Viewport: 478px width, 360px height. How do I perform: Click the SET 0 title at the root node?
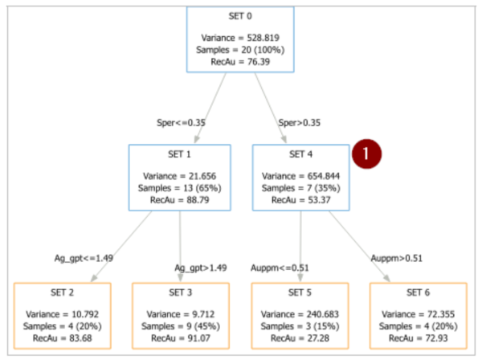point(240,16)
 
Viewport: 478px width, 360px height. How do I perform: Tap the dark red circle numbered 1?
point(366,154)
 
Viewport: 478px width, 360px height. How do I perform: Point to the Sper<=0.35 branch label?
point(181,122)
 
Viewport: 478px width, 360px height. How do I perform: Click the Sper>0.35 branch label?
point(300,122)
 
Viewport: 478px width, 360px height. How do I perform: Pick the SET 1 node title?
point(179,154)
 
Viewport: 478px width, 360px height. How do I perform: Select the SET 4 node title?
point(301,154)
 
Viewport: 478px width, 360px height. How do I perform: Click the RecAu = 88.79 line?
point(180,200)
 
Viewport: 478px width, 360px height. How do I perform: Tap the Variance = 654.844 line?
point(301,176)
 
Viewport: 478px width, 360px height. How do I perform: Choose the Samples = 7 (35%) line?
point(301,188)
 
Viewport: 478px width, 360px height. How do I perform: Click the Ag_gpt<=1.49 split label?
point(84,258)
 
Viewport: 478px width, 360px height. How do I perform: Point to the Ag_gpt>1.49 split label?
point(201,268)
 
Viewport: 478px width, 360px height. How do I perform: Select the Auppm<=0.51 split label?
point(280,268)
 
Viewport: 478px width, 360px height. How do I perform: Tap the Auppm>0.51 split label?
point(397,259)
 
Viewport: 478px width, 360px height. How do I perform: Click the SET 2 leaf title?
point(62,292)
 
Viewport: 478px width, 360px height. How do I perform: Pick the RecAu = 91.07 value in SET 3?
point(181,338)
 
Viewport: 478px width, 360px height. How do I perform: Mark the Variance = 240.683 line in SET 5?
point(300,314)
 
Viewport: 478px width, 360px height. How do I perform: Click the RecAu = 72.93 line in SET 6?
point(419,338)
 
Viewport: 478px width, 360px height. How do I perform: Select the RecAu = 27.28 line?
point(300,338)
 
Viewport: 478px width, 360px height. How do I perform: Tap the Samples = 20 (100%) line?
point(240,50)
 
